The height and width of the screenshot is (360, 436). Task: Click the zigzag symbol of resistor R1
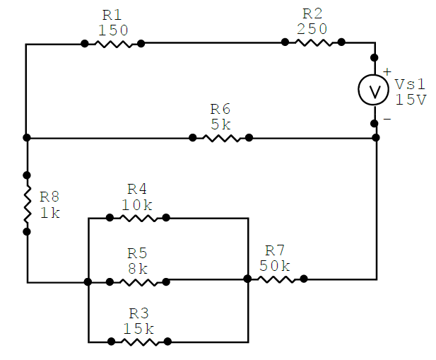pyautogui.click(x=112, y=43)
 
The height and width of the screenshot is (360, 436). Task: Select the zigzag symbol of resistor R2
pyautogui.click(x=313, y=42)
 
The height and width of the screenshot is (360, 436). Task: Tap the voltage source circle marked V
pyautogui.click(x=375, y=90)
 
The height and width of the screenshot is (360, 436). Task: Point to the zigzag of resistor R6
pyautogui.click(x=220, y=138)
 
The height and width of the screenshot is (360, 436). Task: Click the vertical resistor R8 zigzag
pyautogui.click(x=27, y=203)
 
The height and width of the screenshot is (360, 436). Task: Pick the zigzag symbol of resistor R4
pyautogui.click(x=138, y=218)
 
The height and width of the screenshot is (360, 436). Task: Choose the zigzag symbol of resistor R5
pyautogui.click(x=138, y=281)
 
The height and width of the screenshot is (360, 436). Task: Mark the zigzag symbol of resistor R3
pyautogui.click(x=139, y=341)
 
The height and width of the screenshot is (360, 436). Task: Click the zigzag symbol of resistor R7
pyautogui.click(x=276, y=279)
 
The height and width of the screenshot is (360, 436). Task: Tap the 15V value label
pyautogui.click(x=411, y=100)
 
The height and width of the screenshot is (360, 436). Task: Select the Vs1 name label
pyautogui.click(x=411, y=84)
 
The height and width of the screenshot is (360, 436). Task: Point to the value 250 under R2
pyautogui.click(x=312, y=28)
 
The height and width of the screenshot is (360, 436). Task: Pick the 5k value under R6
pyautogui.click(x=220, y=124)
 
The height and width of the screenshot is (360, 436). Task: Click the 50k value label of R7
pyautogui.click(x=275, y=265)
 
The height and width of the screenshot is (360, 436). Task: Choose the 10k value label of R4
pyautogui.click(x=137, y=204)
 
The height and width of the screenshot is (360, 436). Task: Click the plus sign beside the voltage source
pyautogui.click(x=387, y=71)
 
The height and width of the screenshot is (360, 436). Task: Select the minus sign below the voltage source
pyautogui.click(x=387, y=120)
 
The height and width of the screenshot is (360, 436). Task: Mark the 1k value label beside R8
pyautogui.click(x=50, y=212)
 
